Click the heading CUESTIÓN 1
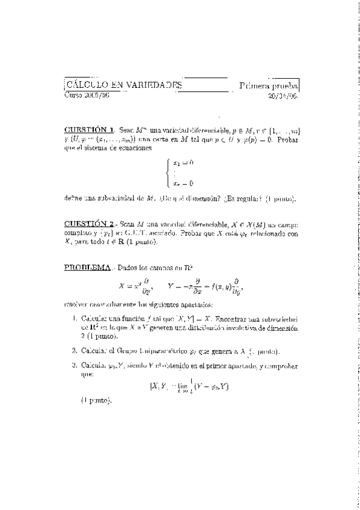(x=89, y=129)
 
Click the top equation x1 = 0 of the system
(x=183, y=162)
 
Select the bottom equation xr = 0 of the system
(x=183, y=183)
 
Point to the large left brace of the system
(x=169, y=173)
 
